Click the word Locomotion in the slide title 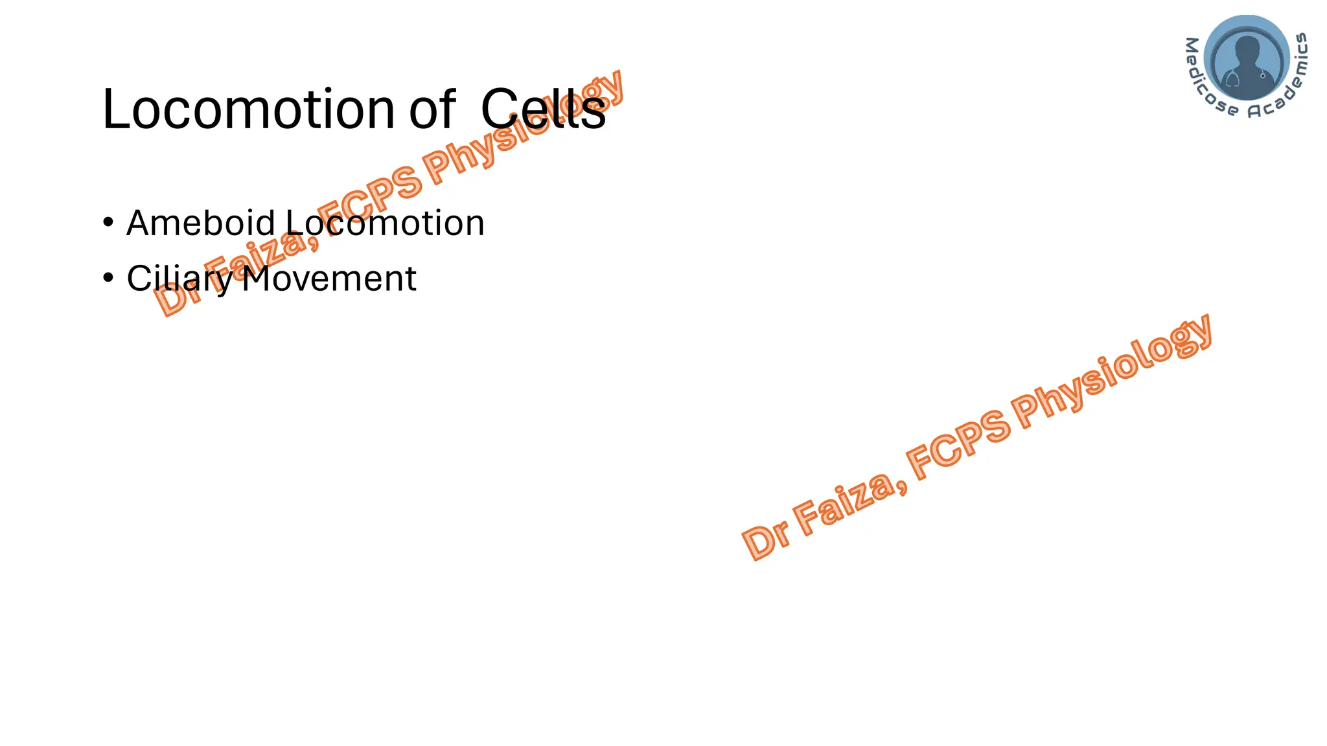click(248, 109)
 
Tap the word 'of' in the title click(432, 109)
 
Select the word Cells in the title click(543, 109)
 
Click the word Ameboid click(201, 223)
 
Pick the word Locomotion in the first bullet click(385, 223)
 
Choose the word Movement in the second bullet click(329, 278)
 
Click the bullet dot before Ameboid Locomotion click(108, 222)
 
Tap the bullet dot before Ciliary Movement click(108, 278)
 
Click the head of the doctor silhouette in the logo click(1247, 49)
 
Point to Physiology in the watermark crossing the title click(525, 126)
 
